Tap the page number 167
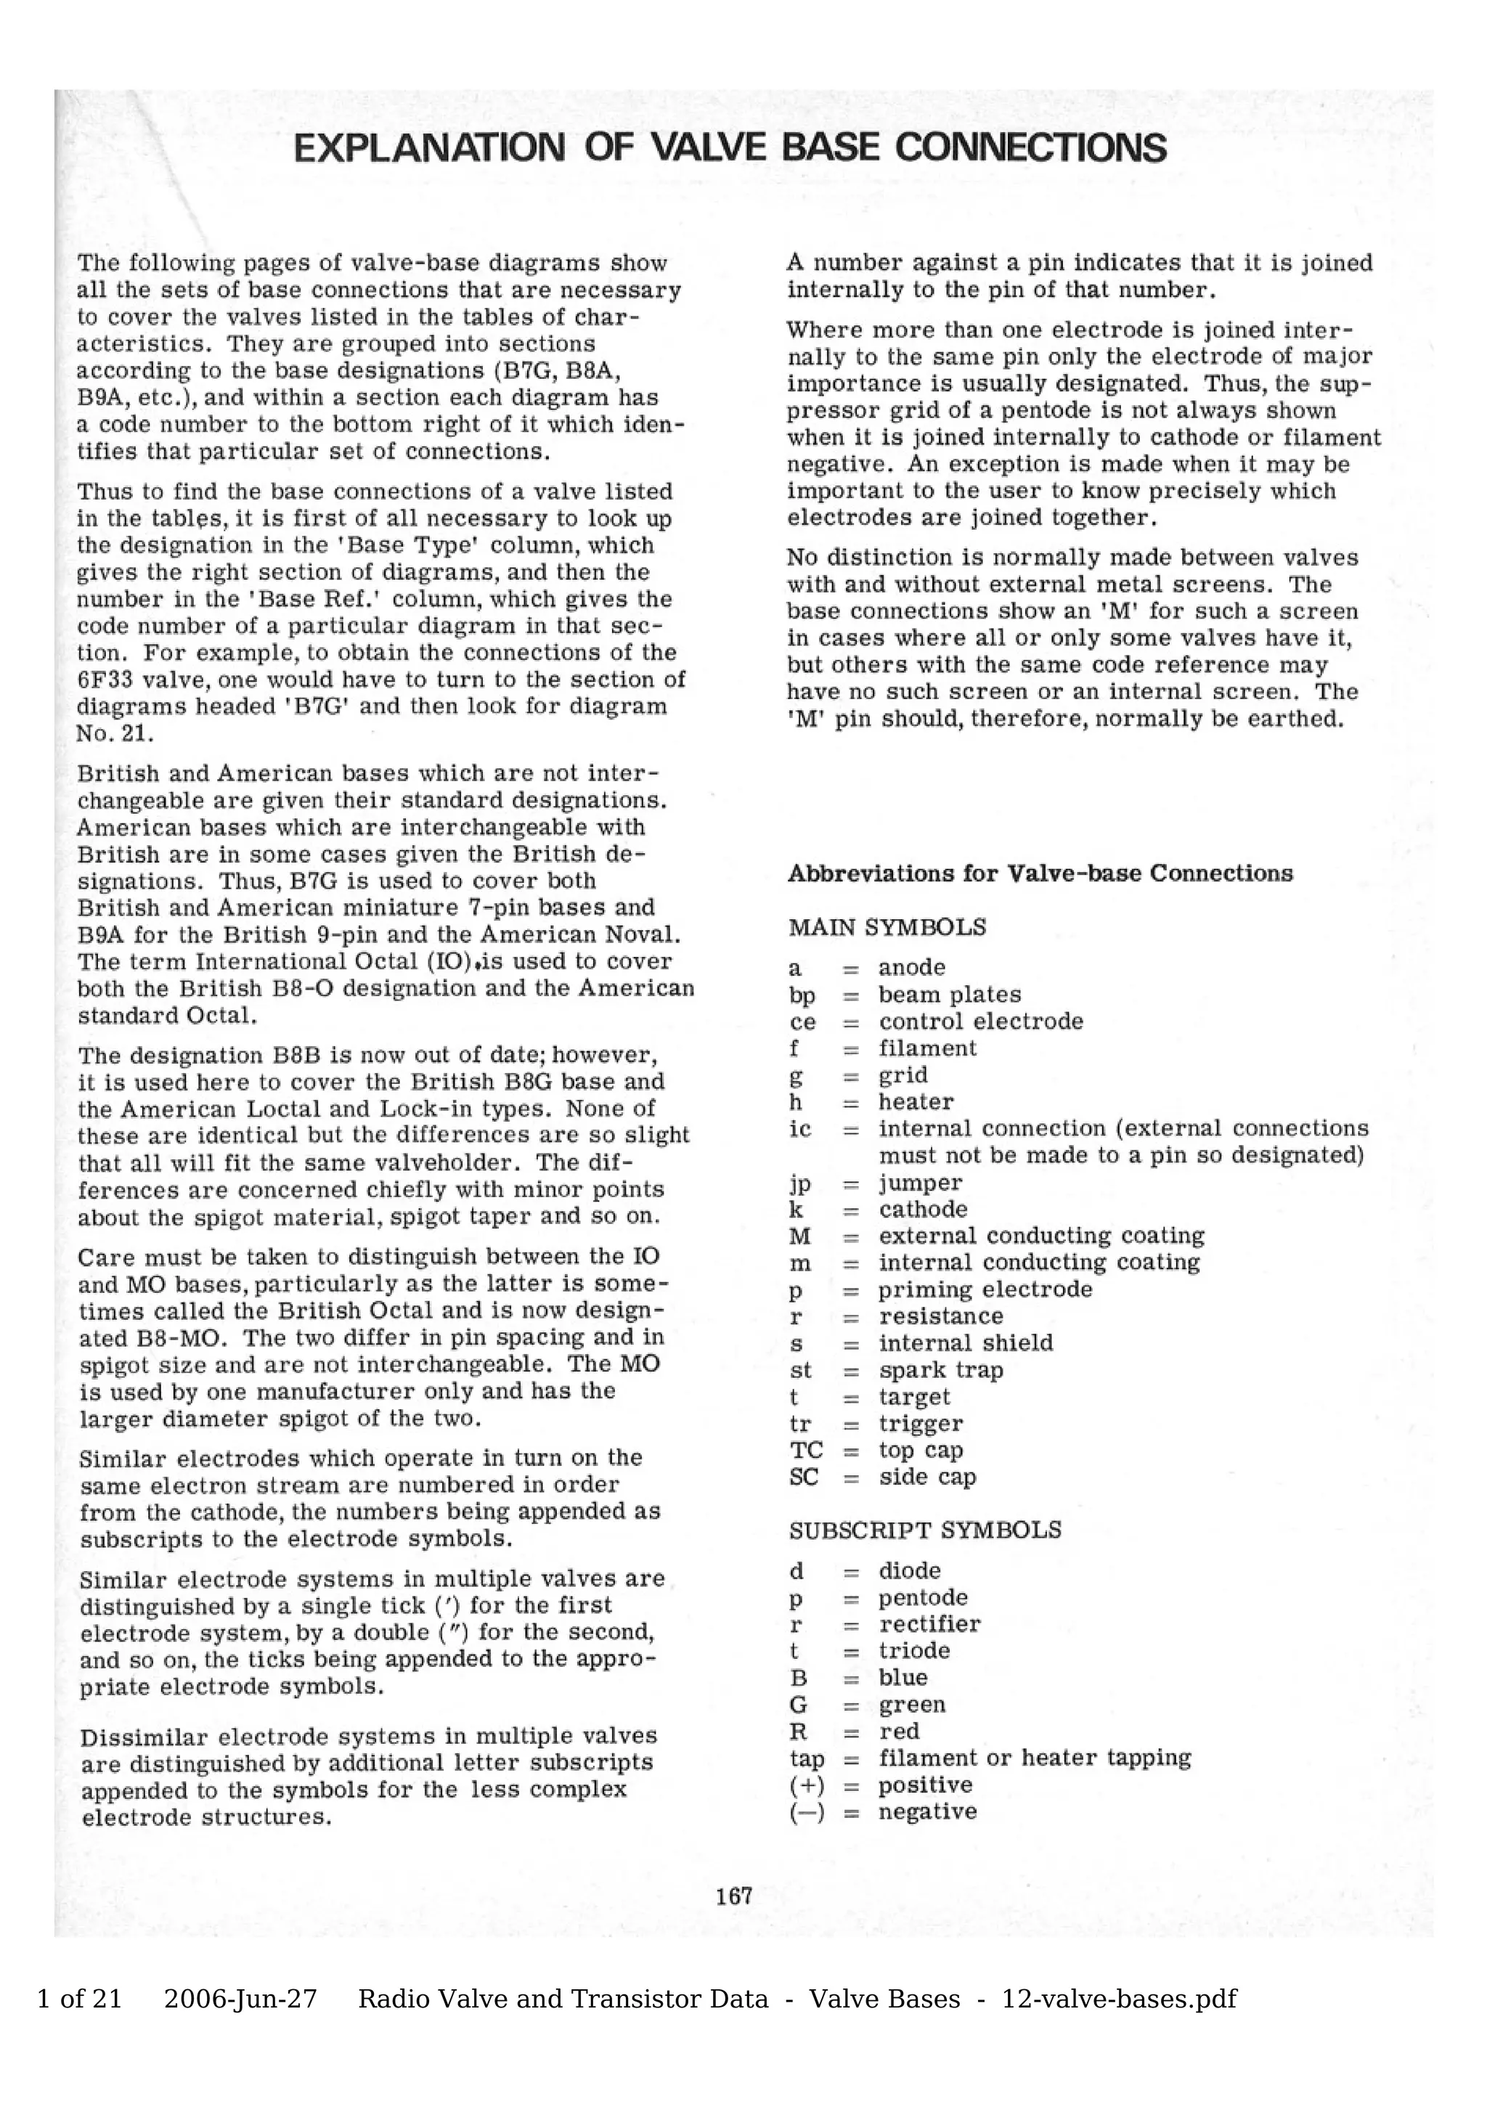coord(734,1896)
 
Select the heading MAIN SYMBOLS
coord(887,927)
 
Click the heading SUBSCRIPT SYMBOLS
coord(924,1530)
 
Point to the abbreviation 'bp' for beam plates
coord(802,995)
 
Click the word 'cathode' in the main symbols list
coord(923,1210)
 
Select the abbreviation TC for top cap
coord(805,1451)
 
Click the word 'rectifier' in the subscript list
coord(929,1624)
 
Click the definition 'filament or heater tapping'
coord(1035,1758)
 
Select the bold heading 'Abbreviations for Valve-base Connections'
coord(1040,873)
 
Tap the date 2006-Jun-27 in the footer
coord(240,1999)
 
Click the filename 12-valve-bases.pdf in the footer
coord(1119,1999)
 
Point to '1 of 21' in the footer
coord(79,1999)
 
